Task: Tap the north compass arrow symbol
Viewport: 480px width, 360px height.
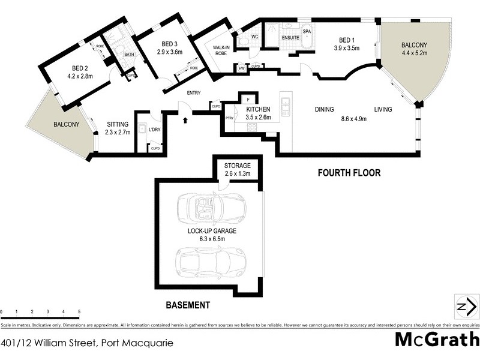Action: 463,305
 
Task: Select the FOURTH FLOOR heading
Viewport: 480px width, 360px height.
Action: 349,173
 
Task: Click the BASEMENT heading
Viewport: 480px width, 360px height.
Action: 188,305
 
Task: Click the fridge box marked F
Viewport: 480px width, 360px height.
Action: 248,99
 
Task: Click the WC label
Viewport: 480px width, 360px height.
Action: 255,37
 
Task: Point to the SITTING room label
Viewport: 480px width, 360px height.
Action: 117,124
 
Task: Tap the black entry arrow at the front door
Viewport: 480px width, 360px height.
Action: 185,120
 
